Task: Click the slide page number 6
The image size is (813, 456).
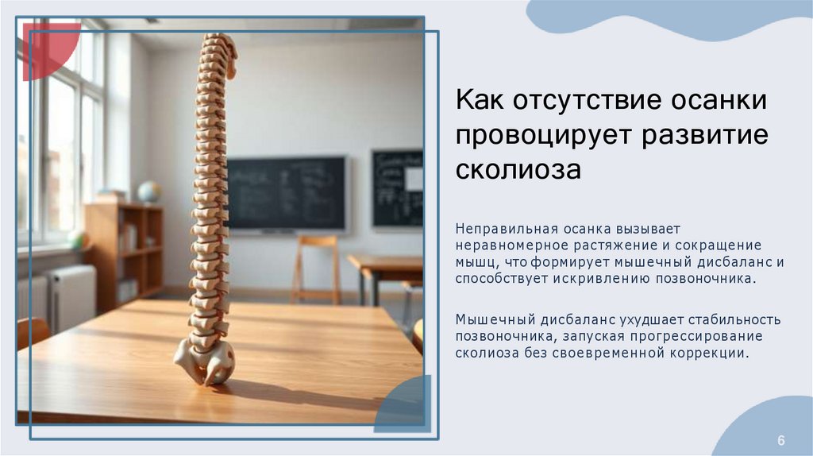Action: [x=780, y=440]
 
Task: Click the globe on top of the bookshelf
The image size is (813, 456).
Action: [x=148, y=191]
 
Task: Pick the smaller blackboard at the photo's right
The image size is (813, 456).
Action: [x=397, y=188]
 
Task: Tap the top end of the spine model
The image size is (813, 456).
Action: [x=218, y=44]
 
